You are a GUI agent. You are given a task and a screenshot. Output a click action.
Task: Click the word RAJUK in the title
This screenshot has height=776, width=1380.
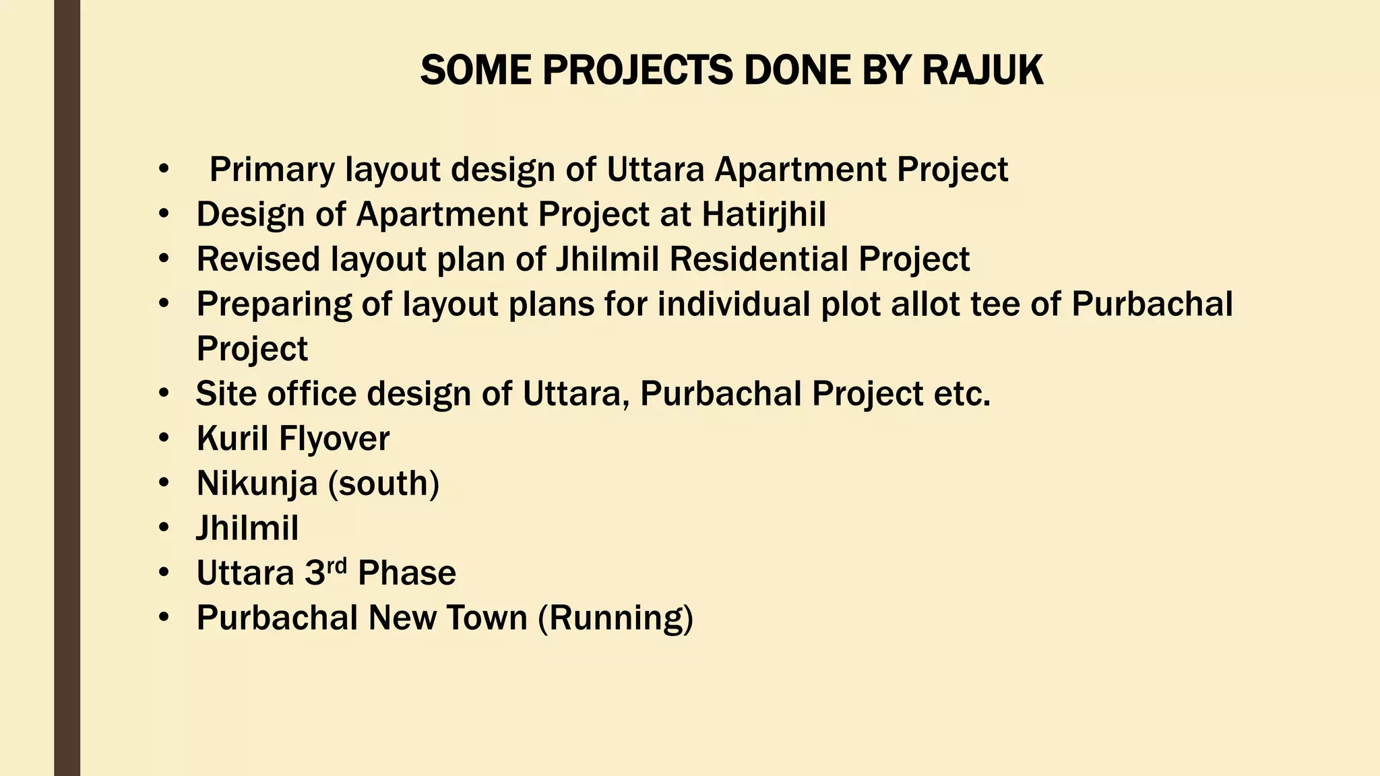(x=982, y=70)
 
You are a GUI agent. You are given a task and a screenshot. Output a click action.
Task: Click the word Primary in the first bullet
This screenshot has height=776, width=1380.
(x=272, y=170)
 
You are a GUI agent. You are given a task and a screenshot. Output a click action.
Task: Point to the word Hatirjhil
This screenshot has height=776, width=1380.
(x=763, y=215)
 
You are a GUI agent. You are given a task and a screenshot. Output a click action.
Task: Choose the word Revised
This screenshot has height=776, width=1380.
(x=258, y=259)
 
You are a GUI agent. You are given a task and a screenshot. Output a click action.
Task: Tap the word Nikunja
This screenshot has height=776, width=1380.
(x=257, y=484)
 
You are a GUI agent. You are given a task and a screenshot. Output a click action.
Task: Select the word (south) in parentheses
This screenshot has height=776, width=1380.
(x=383, y=484)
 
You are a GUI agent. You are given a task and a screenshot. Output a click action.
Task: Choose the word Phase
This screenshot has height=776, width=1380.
(x=407, y=573)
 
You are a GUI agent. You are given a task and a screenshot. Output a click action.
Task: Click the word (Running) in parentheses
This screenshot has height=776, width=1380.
(x=616, y=618)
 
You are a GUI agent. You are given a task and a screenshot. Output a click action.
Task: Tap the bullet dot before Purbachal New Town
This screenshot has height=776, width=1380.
(x=164, y=618)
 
